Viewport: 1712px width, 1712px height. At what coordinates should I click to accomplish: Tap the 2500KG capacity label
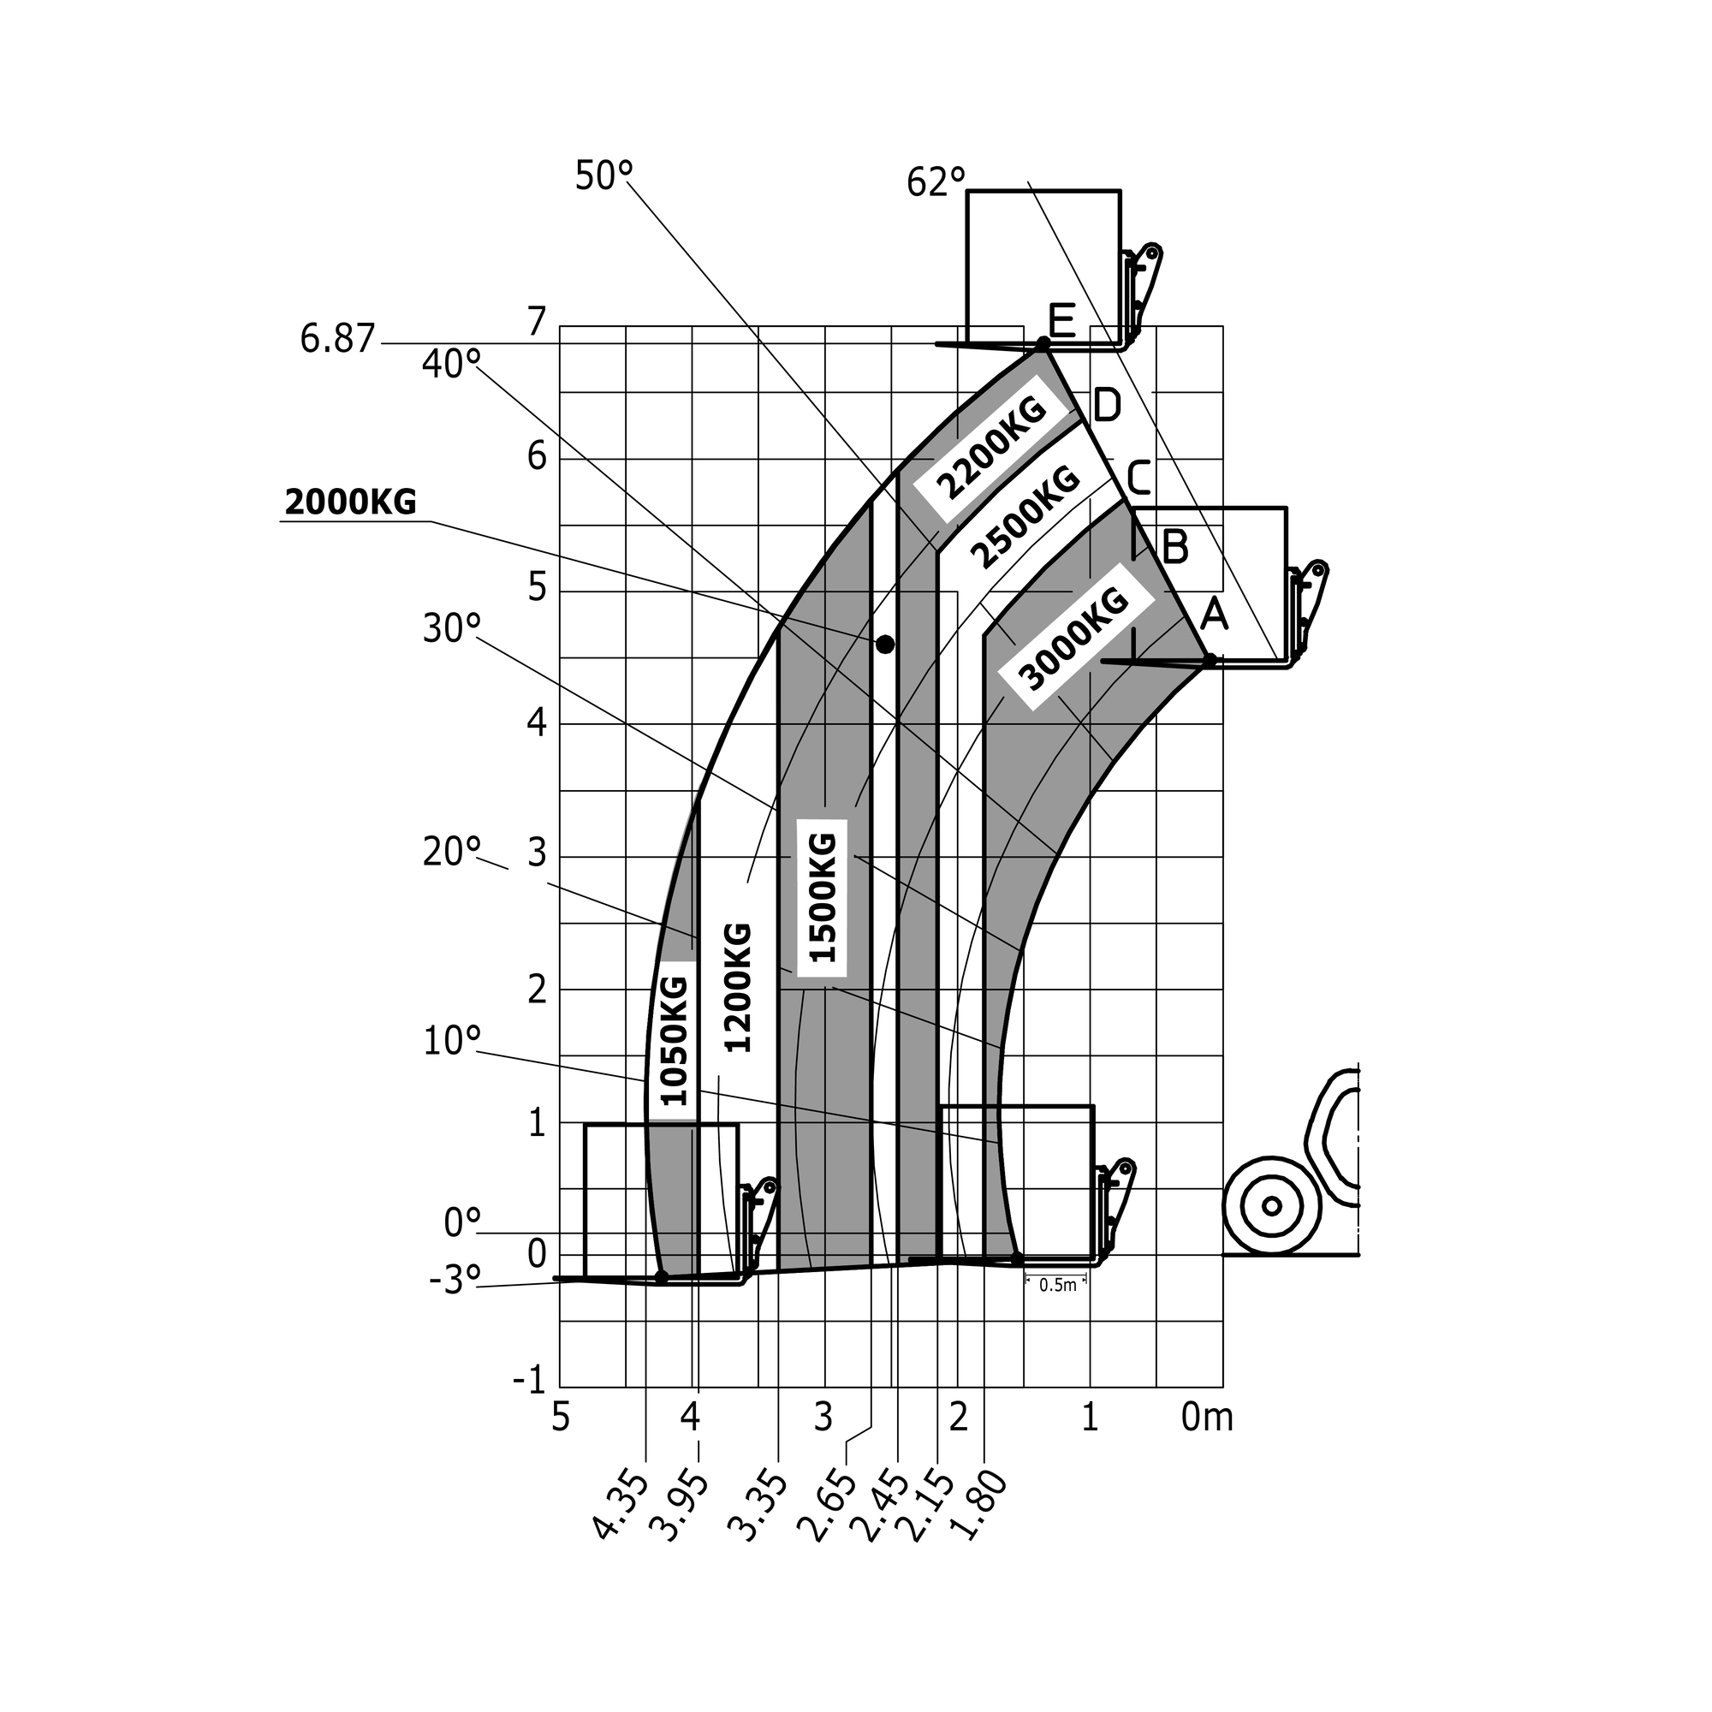1025,518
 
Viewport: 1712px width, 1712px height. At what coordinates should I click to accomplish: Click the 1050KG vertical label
675,1040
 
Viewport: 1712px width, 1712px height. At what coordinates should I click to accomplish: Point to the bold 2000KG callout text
351,502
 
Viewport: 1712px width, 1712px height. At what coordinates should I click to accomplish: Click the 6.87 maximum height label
337,339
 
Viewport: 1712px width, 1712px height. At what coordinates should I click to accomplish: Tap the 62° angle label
936,182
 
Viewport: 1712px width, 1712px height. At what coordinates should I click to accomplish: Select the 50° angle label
604,175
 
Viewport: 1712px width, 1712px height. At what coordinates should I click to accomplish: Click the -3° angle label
455,1281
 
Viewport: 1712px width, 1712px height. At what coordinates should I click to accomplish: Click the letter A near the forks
1214,615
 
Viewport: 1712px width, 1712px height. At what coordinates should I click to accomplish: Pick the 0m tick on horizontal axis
1206,1418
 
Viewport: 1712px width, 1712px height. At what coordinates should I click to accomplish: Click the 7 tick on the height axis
538,322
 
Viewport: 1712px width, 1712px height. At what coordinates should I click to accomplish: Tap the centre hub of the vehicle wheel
1272,1205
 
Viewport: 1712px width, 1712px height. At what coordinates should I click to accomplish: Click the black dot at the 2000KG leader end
884,645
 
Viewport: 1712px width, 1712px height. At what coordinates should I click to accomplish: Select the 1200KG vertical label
738,987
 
